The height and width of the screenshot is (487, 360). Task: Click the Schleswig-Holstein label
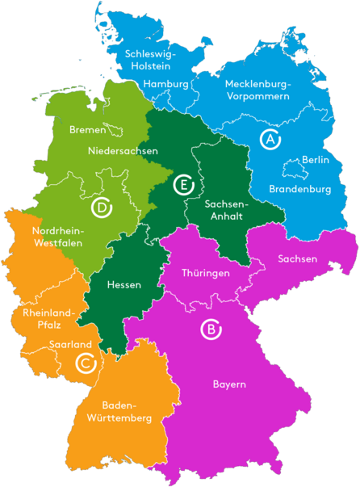tap(151, 61)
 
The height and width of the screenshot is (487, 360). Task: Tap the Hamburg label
tap(166, 84)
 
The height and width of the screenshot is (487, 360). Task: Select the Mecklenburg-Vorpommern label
tap(257, 90)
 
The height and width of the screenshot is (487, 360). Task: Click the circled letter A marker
tap(270, 139)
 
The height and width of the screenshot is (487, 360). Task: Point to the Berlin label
tap(315, 161)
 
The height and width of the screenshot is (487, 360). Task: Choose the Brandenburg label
tap(300, 189)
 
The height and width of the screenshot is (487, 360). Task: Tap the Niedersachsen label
tap(123, 150)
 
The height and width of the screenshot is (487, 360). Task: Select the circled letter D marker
tap(101, 208)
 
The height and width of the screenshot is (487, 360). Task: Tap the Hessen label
tap(124, 285)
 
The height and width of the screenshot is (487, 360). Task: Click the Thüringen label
tap(207, 273)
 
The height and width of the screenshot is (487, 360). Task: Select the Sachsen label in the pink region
tap(297, 258)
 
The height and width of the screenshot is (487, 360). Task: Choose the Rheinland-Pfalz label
tap(48, 320)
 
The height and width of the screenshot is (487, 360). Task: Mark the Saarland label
tap(70, 345)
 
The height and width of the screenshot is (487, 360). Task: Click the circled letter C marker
tap(85, 363)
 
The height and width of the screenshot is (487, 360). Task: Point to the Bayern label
tap(229, 384)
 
